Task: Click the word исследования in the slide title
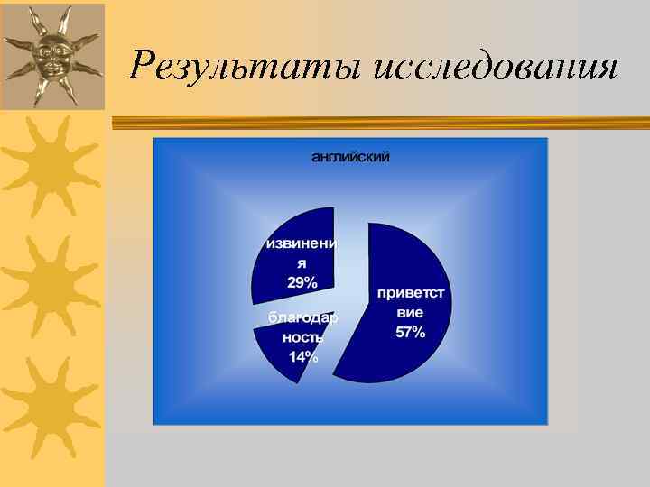(x=495, y=66)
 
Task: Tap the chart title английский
(x=350, y=157)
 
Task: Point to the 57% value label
(x=410, y=333)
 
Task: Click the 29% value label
(x=302, y=283)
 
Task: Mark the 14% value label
(x=303, y=356)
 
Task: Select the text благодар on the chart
(x=303, y=317)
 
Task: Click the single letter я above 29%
(x=302, y=263)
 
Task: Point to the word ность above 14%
(x=303, y=336)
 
